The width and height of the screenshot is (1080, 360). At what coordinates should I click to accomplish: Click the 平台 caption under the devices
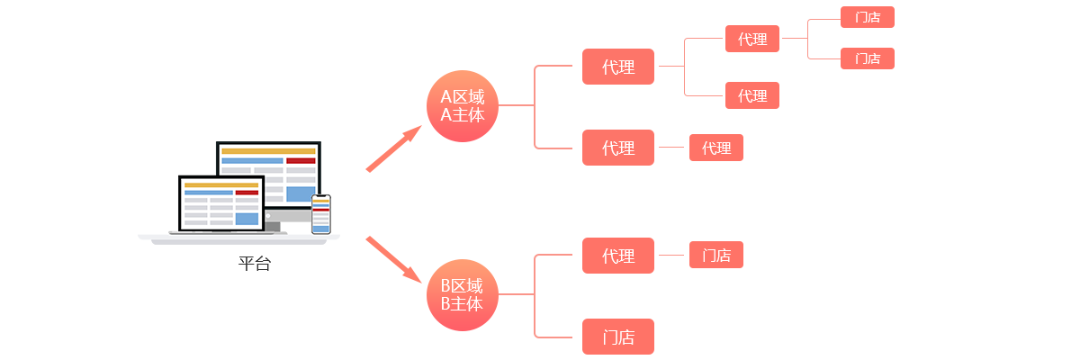tap(255, 264)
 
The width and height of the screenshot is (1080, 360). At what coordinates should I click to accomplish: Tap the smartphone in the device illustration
tap(320, 214)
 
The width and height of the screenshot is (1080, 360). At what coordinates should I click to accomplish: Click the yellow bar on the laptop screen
tap(221, 184)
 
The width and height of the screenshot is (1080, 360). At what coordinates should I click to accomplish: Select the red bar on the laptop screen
tap(247, 193)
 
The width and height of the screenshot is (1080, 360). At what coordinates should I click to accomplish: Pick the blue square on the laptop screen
tap(246, 219)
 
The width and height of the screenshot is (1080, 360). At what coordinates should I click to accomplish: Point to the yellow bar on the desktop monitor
tap(268, 151)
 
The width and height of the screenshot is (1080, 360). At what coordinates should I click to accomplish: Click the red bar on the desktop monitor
tap(301, 160)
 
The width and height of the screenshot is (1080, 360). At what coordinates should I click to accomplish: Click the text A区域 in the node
tap(462, 97)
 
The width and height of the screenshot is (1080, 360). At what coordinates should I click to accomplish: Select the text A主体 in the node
tap(462, 115)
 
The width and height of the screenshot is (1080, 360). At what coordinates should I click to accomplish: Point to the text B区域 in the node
tap(462, 286)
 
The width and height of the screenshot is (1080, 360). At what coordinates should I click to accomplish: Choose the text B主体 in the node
tap(462, 304)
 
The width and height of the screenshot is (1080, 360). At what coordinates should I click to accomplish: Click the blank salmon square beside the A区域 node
tap(393, 148)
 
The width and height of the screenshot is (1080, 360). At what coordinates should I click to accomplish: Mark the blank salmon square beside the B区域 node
tap(393, 259)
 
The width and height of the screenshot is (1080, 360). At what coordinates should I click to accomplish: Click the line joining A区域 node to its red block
tap(515, 105)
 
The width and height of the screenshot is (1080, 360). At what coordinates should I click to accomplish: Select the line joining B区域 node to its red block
tap(515, 293)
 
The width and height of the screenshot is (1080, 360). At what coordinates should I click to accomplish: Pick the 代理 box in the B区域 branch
tap(618, 256)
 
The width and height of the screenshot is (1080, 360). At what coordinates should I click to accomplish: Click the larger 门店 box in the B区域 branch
tap(618, 337)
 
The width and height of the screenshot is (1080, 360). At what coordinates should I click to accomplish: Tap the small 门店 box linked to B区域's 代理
tap(715, 256)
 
